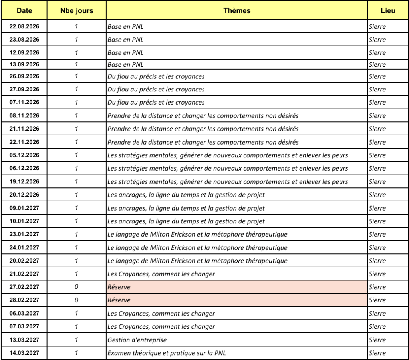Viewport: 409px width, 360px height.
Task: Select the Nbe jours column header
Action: tap(77, 11)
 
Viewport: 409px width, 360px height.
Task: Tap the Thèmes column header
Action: tap(237, 11)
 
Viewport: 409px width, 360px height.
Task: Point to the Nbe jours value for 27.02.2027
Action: tap(77, 287)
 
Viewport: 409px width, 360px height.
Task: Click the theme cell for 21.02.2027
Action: tap(160, 274)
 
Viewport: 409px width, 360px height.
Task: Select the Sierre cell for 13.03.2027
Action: tap(377, 340)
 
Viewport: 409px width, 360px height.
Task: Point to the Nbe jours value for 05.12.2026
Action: tap(77, 155)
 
